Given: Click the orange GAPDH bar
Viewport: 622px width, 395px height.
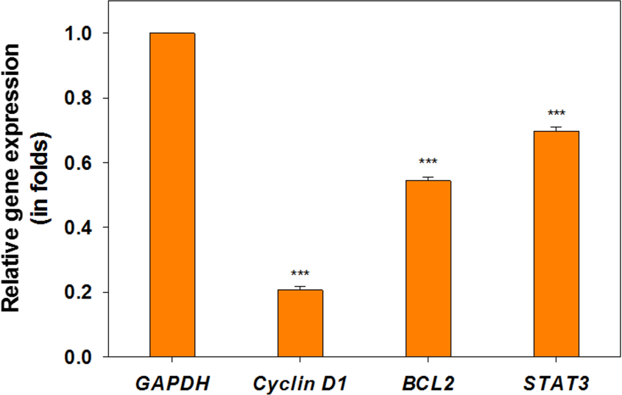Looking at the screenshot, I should pyautogui.click(x=172, y=195).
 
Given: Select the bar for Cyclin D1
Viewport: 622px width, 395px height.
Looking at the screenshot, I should pyautogui.click(x=300, y=324).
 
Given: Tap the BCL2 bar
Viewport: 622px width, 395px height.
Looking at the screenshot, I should pyautogui.click(x=428, y=268).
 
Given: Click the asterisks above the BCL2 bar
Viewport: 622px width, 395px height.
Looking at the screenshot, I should pyautogui.click(x=428, y=162).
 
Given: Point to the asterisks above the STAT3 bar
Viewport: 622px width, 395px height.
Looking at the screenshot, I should pyautogui.click(x=556, y=113).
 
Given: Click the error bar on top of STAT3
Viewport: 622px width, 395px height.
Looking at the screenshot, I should pyautogui.click(x=556, y=129).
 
